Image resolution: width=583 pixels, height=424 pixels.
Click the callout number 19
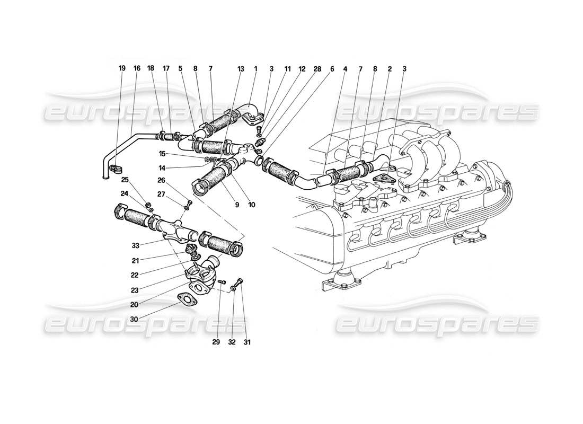click(122, 68)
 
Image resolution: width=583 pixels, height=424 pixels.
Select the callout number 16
click(137, 68)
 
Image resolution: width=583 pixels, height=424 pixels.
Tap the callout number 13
click(241, 68)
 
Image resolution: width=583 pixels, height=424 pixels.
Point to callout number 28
click(317, 68)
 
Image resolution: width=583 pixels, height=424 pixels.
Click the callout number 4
click(345, 68)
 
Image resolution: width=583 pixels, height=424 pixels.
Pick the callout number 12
click(302, 68)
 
